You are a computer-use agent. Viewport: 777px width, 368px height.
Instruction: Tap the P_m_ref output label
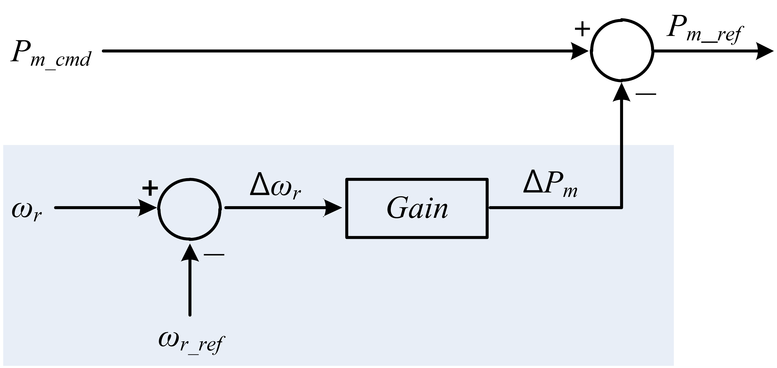point(705,34)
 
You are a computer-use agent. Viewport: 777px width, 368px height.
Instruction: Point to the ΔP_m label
point(550,187)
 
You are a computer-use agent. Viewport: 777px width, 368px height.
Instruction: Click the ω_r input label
point(27,211)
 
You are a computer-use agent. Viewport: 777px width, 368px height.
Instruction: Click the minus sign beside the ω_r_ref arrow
point(214,255)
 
